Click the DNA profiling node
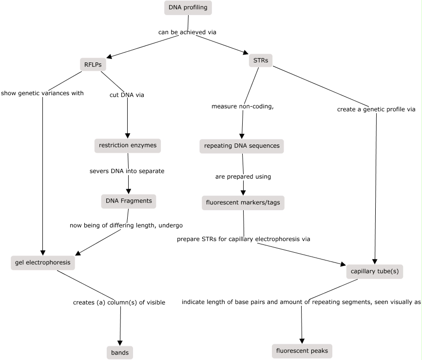(x=189, y=7)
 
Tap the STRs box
(x=261, y=60)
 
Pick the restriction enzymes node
(x=127, y=145)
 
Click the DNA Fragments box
(x=129, y=200)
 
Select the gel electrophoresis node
(x=42, y=262)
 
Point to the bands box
(x=119, y=352)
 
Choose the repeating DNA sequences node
(x=242, y=146)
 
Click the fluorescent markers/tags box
(x=243, y=202)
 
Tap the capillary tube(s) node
(x=375, y=271)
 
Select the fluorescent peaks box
(x=303, y=351)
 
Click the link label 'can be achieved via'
(x=187, y=32)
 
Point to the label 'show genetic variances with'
(x=42, y=93)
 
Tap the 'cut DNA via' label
(x=127, y=95)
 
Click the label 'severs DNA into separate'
(x=127, y=171)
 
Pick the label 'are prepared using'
(x=243, y=177)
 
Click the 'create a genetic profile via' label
(x=376, y=109)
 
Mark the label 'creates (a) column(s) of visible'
(x=119, y=302)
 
